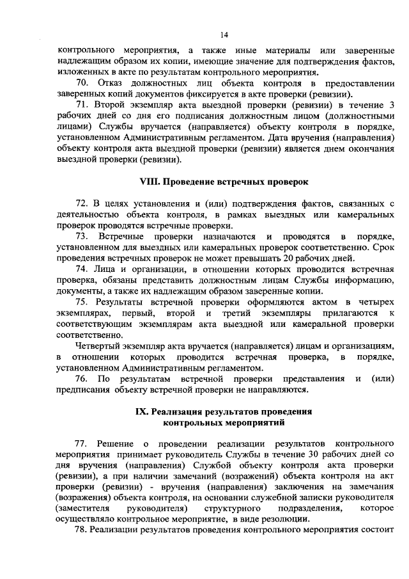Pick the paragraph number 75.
coord(82,301)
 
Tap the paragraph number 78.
coord(82,530)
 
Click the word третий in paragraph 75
coord(236,312)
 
